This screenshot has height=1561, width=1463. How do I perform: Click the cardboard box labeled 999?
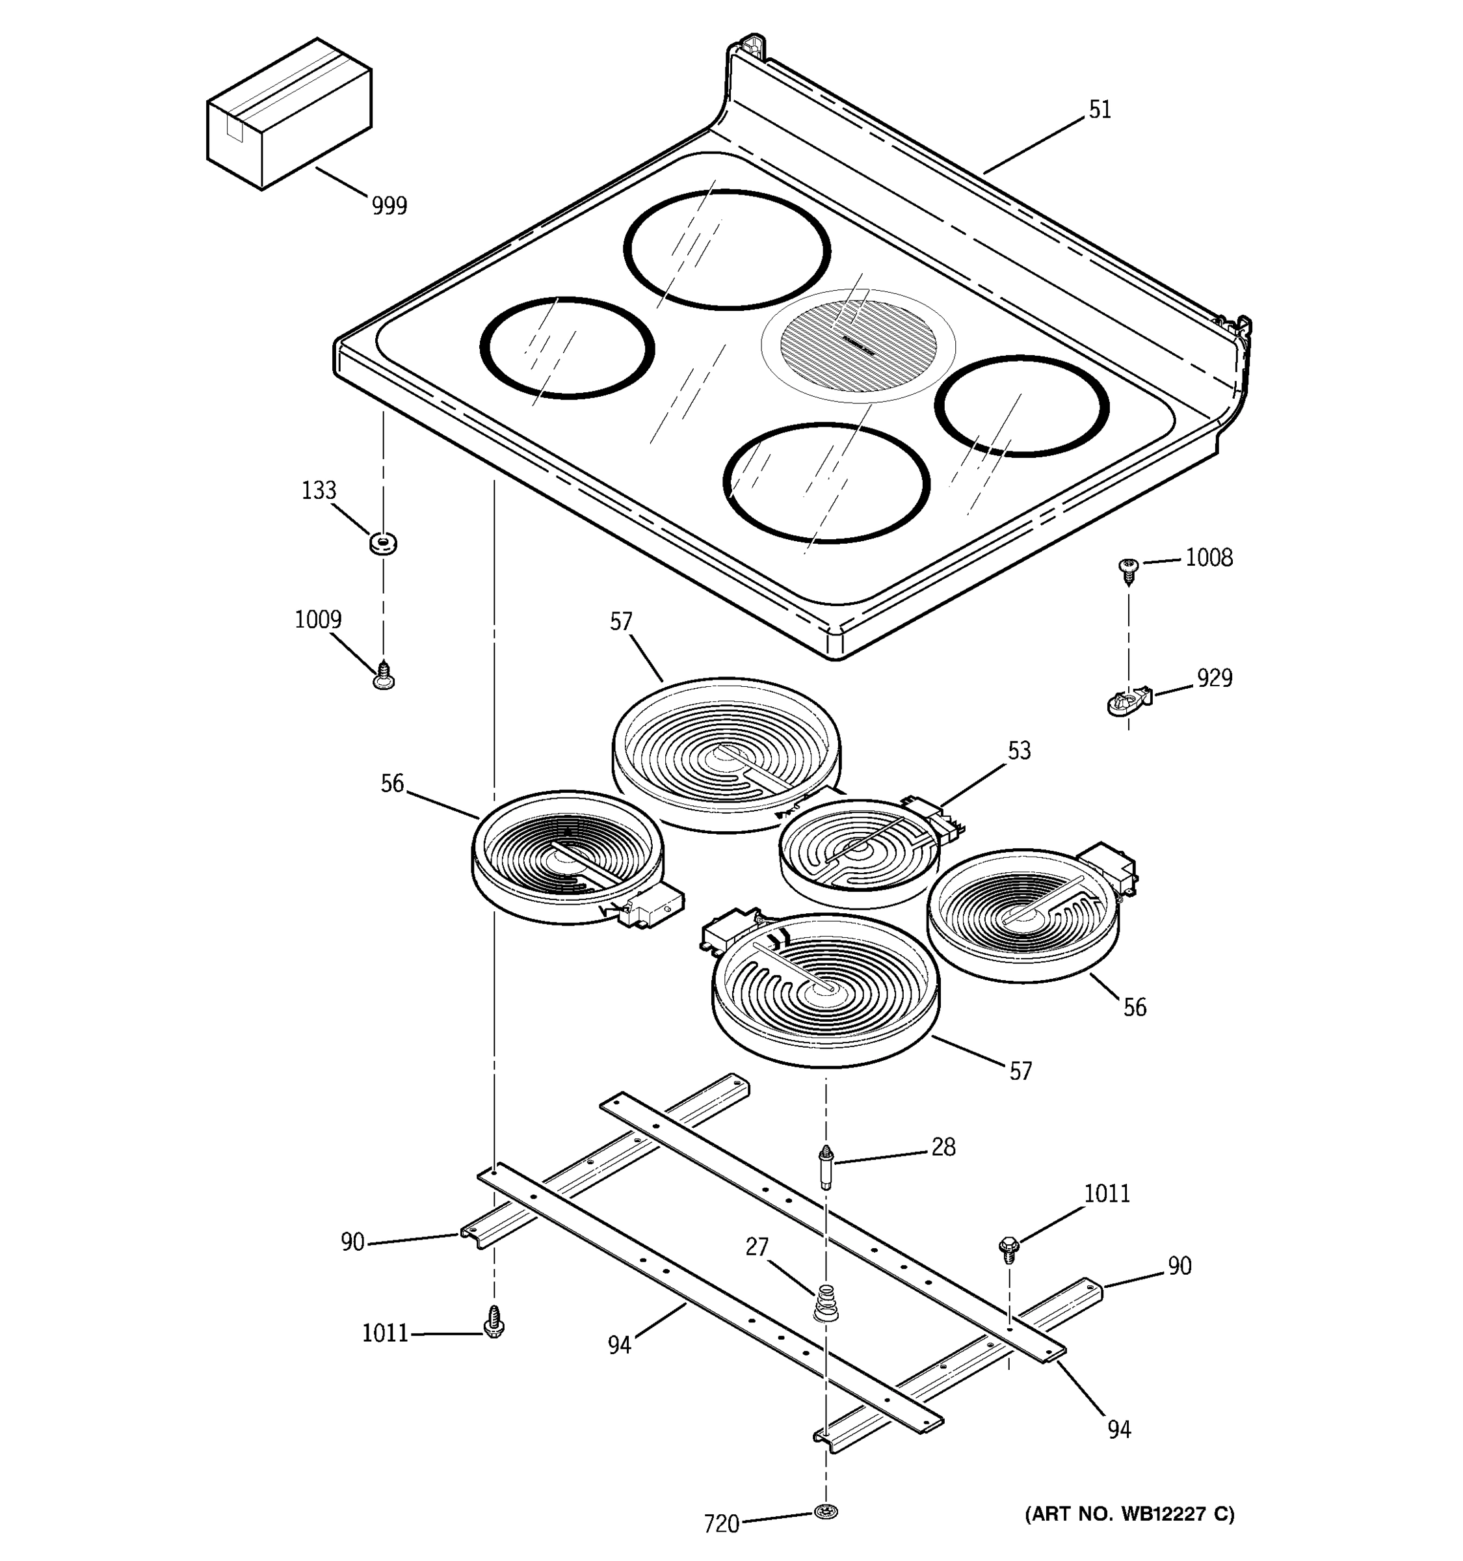tap(288, 114)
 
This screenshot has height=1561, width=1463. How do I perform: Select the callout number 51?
tap(1100, 110)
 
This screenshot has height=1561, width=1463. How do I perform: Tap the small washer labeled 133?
tap(382, 542)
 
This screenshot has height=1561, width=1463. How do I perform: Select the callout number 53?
tap(1019, 751)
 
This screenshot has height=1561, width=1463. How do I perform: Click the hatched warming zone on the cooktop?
tap(859, 346)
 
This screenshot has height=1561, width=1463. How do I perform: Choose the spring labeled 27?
tap(823, 1303)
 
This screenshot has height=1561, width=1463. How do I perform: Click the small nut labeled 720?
tap(825, 1511)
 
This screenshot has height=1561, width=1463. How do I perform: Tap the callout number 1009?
tap(318, 620)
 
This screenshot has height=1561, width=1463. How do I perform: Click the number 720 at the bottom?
tap(721, 1524)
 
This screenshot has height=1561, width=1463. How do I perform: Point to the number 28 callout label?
tap(943, 1147)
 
